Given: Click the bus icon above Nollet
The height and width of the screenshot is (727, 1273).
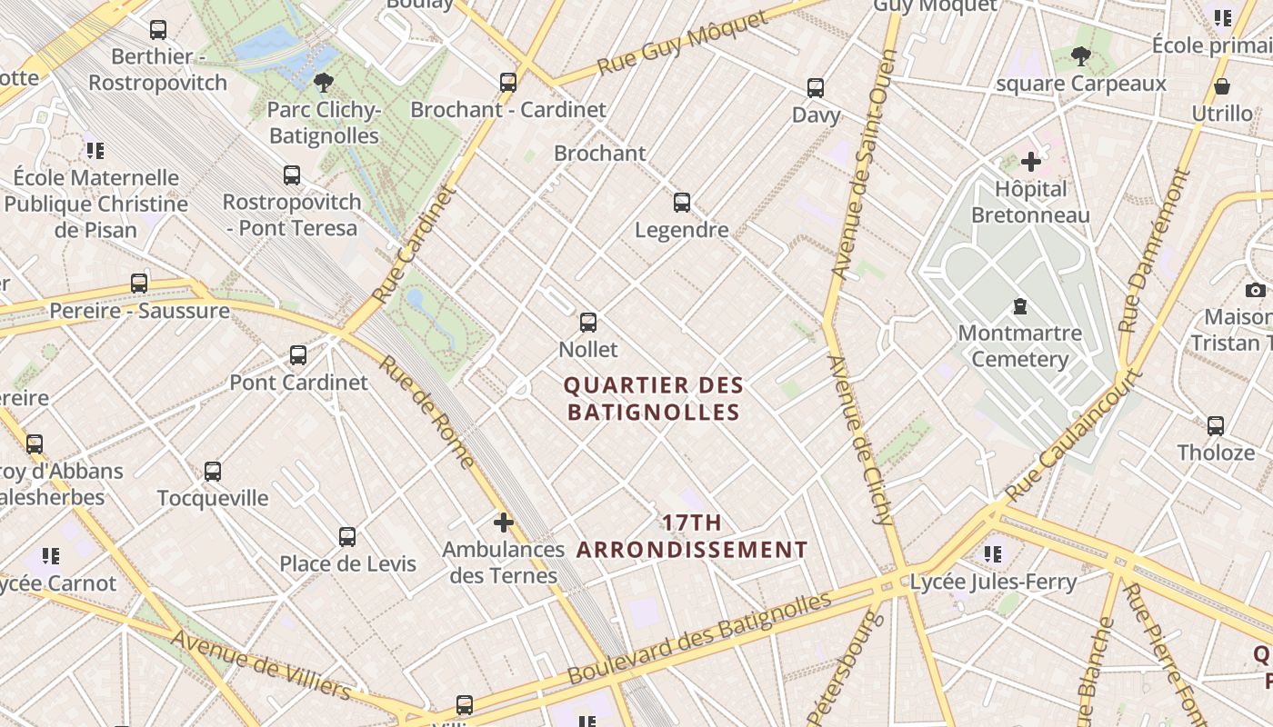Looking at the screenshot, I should click(588, 323).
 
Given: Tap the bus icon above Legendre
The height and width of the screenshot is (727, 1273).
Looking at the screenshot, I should click(682, 203).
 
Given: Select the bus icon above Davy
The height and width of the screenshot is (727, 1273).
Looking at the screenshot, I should click(816, 88).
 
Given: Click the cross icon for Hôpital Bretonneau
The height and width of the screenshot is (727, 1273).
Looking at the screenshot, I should click(1030, 162).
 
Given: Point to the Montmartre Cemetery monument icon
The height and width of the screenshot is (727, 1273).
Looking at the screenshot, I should click(1020, 306).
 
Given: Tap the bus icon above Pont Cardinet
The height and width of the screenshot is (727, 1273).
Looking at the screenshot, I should click(298, 355).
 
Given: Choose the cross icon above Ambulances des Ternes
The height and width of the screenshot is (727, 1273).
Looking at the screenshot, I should click(503, 523).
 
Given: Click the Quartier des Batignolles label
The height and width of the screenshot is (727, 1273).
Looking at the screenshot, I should click(654, 399).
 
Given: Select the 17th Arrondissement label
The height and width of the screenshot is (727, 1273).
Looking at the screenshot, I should click(692, 536).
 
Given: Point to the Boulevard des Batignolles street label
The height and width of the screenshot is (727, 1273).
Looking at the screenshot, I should click(699, 638).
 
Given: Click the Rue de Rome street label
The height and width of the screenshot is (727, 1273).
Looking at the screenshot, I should click(426, 412).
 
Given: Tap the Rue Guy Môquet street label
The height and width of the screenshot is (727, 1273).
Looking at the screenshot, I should click(683, 45).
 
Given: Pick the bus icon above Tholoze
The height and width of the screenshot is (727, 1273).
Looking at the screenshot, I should click(1216, 425).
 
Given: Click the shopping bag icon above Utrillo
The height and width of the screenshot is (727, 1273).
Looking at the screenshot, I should click(1222, 86).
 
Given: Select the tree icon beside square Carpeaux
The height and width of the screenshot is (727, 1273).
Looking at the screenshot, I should click(1080, 57).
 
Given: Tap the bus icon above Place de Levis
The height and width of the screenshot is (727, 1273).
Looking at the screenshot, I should click(347, 537).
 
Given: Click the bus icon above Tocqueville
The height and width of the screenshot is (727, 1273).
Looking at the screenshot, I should click(213, 472).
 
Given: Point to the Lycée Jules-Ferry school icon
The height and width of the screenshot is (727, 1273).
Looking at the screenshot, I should click(993, 553).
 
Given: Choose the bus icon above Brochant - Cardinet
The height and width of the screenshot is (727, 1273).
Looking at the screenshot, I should click(508, 83).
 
